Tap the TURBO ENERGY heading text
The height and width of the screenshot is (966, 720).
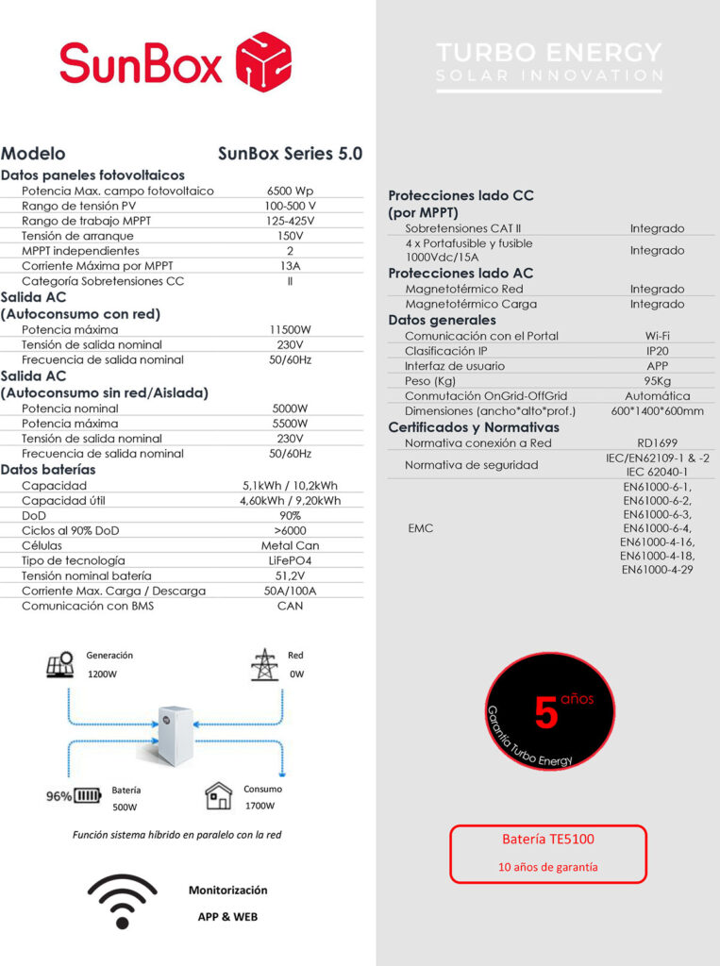(x=550, y=51)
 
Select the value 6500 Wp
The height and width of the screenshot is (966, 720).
(x=291, y=191)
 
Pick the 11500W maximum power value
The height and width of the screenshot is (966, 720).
(x=291, y=330)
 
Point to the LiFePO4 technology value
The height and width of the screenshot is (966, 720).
(x=291, y=560)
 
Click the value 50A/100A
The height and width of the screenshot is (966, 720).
(x=291, y=591)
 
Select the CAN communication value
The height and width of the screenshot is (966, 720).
(x=291, y=606)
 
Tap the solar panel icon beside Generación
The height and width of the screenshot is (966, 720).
(x=60, y=665)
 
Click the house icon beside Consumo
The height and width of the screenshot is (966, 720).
(x=219, y=797)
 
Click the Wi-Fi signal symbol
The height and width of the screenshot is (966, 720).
(x=122, y=902)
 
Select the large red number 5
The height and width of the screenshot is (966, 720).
(x=547, y=713)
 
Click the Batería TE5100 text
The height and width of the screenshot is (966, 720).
(x=547, y=839)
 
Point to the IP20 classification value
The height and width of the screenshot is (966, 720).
(x=658, y=351)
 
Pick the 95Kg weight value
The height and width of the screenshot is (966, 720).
(x=658, y=381)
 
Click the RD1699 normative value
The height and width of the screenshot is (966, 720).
(x=658, y=442)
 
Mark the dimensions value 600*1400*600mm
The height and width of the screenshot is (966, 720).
(x=658, y=411)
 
